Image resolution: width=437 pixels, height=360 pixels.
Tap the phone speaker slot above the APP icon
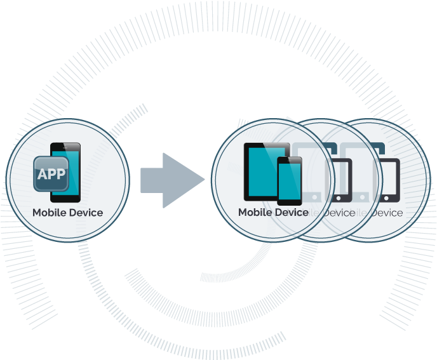point(67,147)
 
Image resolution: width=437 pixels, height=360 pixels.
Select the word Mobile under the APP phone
point(49,213)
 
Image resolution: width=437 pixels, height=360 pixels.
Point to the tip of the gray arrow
point(208,180)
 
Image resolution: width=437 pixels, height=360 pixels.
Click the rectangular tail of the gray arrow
point(152,180)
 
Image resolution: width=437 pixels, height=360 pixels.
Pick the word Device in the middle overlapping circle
point(339,213)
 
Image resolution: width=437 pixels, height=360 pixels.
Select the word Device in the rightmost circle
point(386,213)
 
